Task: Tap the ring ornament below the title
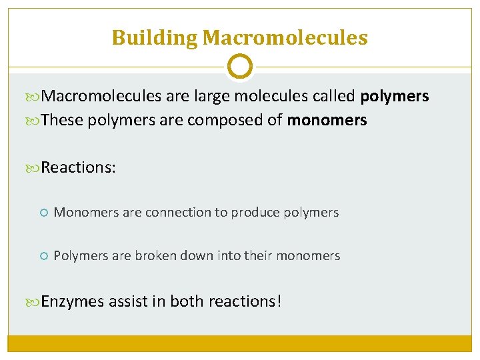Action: pos(240,67)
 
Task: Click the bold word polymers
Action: pos(394,97)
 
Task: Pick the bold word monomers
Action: pos(327,120)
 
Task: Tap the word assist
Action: pos(129,301)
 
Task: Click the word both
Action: pos(187,301)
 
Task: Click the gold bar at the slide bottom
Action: pos(240,343)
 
